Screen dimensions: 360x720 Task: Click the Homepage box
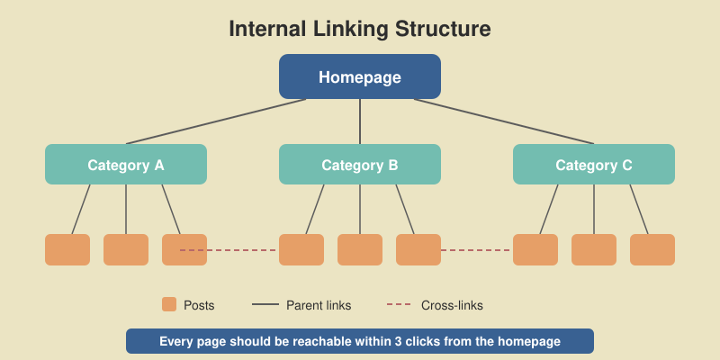click(x=360, y=76)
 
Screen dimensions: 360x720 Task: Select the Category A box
click(x=126, y=165)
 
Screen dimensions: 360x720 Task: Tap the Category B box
click(x=360, y=165)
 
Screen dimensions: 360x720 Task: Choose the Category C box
click(x=594, y=165)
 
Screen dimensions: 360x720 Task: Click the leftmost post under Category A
click(x=67, y=249)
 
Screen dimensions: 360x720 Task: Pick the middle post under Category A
click(x=126, y=249)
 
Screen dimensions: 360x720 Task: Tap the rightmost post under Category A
click(x=184, y=249)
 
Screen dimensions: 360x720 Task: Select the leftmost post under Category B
click(x=301, y=249)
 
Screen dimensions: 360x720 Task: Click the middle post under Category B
click(x=360, y=249)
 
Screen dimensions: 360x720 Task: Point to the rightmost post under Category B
click(x=418, y=249)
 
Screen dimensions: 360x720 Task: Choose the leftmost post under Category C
click(x=535, y=249)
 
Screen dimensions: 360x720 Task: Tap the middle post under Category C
click(x=594, y=249)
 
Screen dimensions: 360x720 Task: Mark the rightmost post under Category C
click(x=652, y=249)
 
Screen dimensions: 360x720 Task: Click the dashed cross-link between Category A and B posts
click(x=243, y=250)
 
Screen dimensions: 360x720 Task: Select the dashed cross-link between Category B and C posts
click(x=477, y=250)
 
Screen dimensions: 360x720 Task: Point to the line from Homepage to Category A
click(x=216, y=121)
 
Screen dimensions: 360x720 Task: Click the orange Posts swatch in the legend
click(x=169, y=305)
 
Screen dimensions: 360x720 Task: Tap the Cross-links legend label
click(x=452, y=305)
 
